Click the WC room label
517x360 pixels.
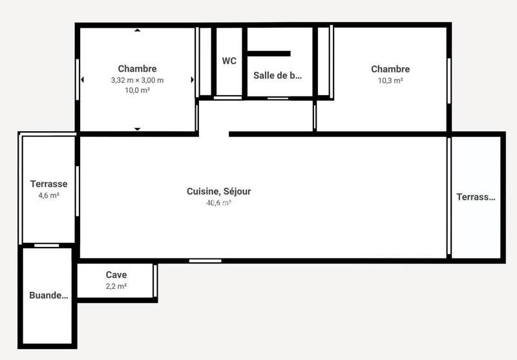pos(229,61)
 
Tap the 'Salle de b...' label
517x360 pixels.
pos(277,76)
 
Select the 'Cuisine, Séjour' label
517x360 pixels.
pos(218,191)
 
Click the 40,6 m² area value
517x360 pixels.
pos(218,202)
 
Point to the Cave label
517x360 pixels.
pos(116,275)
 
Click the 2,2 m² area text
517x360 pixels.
pos(116,286)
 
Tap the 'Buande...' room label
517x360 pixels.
pos(48,296)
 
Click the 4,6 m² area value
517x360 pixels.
pos(49,195)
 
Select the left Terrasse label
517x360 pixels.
pos(49,184)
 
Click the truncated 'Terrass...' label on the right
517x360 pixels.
pos(476,197)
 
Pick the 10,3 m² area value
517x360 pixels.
pos(390,81)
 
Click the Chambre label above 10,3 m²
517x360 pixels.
pos(390,70)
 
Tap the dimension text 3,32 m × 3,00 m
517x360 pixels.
pos(137,80)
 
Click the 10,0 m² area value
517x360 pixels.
pos(137,90)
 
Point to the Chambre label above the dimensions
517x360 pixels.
pos(137,69)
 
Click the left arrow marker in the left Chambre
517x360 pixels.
pos(82,80)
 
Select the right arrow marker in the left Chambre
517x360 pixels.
pos(192,80)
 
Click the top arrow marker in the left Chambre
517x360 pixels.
pos(137,30)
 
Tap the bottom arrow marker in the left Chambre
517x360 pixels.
pos(137,129)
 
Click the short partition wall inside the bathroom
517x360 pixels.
pos(269,54)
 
